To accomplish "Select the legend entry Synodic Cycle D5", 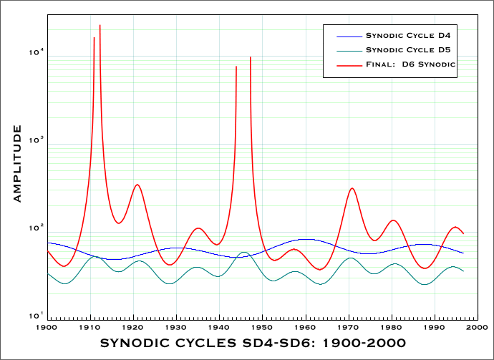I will [x=411, y=50].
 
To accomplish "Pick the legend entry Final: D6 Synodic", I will [x=411, y=64].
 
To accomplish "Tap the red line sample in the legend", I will [x=347, y=64].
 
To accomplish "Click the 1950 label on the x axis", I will [x=263, y=326].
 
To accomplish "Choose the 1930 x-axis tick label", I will [x=177, y=326].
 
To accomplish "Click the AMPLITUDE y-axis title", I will [x=17, y=164].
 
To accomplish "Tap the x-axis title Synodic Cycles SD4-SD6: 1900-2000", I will [x=252, y=344].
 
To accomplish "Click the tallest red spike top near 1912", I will [x=100, y=26].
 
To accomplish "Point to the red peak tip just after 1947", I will [x=250, y=57].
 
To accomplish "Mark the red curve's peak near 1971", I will [x=352, y=188].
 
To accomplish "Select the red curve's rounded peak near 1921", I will [x=137, y=185].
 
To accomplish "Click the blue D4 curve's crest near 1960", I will [x=306, y=239].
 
